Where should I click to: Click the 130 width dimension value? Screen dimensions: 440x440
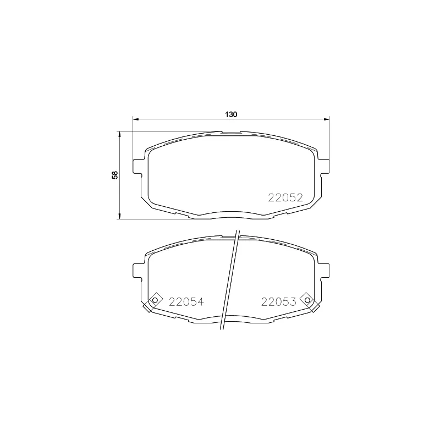pyautogui.click(x=231, y=114)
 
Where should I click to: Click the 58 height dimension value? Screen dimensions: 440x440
pyautogui.click(x=115, y=175)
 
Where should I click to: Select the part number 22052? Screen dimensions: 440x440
pyautogui.click(x=285, y=198)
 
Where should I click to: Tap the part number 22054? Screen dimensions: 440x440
pyautogui.click(x=186, y=301)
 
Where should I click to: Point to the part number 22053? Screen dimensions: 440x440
pyautogui.click(x=279, y=301)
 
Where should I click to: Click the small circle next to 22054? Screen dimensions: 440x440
pyautogui.click(x=155, y=300)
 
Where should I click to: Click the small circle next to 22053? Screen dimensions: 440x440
pyautogui.click(x=307, y=300)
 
